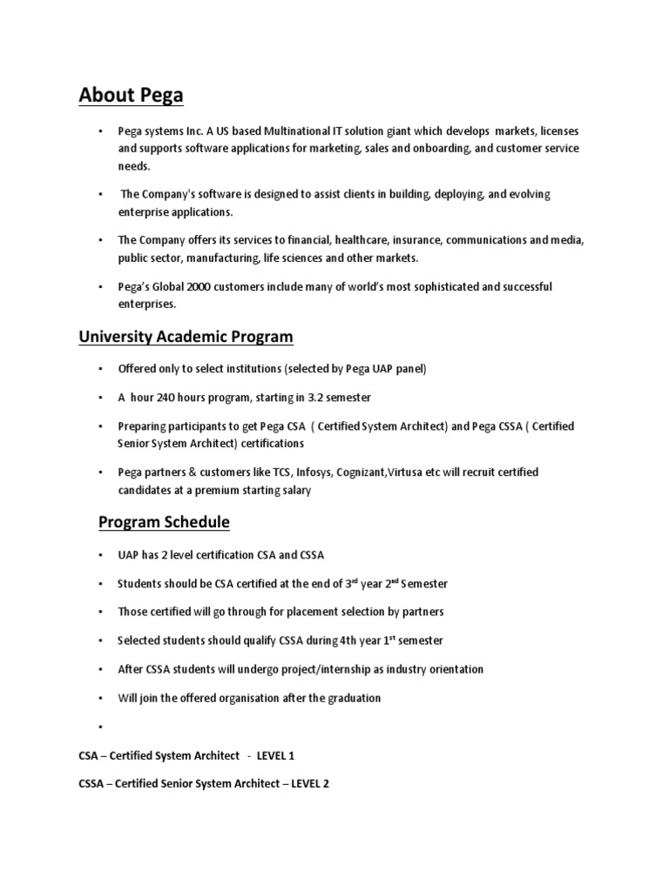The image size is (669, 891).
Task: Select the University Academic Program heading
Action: pos(186,337)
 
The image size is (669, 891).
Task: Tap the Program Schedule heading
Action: pos(164,522)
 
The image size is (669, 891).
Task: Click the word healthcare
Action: pos(358,240)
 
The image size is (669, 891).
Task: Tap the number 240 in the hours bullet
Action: pos(167,398)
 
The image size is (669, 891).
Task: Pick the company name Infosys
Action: pos(315,472)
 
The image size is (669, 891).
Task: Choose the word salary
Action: pos(294,491)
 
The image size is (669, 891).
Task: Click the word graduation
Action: pos(347,698)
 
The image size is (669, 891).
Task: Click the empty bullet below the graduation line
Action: pos(102,725)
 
